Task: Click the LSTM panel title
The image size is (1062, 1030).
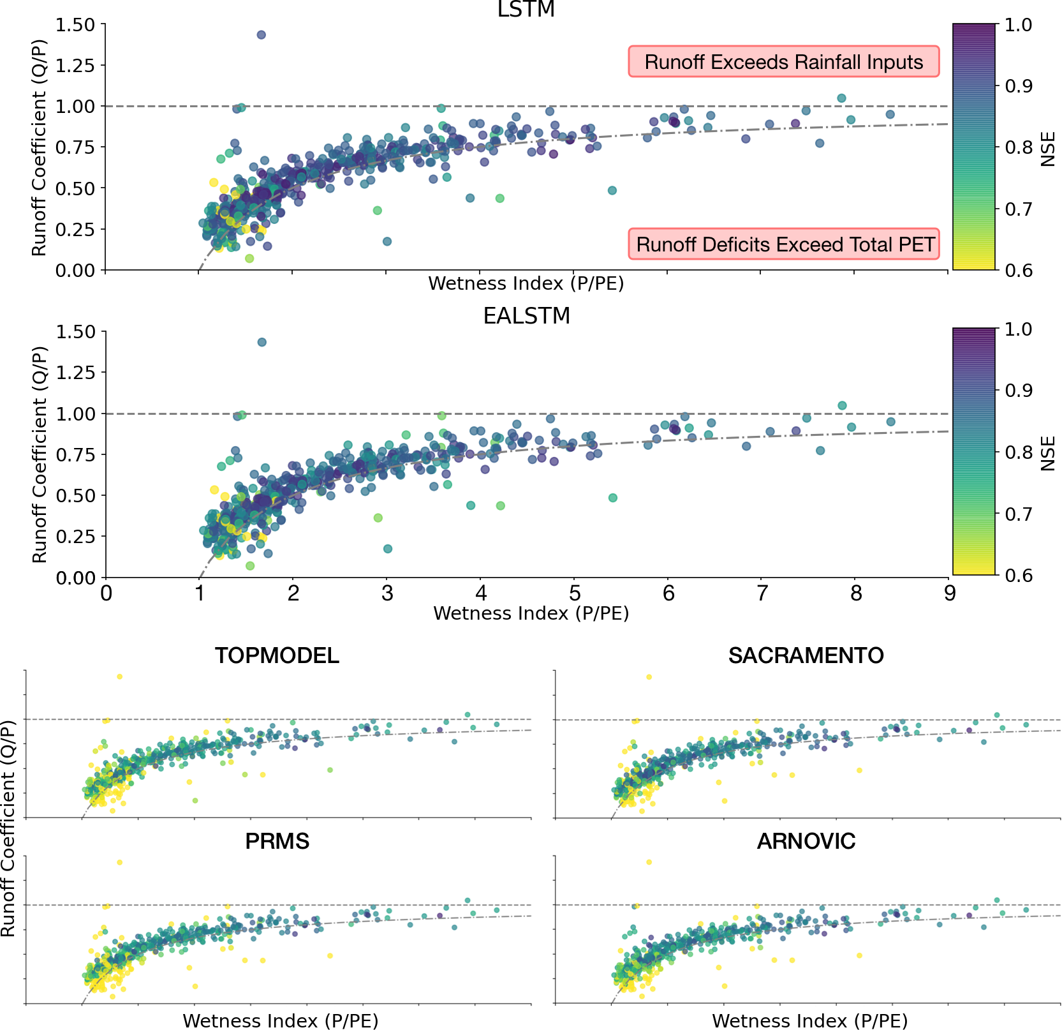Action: pyautogui.click(x=526, y=10)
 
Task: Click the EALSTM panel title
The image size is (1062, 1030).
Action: pyautogui.click(x=526, y=317)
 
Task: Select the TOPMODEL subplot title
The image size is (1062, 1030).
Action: pyautogui.click(x=277, y=655)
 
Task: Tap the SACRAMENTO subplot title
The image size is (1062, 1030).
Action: pyautogui.click(x=806, y=655)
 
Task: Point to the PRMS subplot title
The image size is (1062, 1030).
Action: pyautogui.click(x=277, y=841)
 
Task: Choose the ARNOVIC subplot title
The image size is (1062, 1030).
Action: pyautogui.click(x=806, y=841)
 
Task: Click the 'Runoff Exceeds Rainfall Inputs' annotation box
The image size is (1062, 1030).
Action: pyautogui.click(x=783, y=62)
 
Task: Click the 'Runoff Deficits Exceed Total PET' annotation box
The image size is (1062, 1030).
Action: pyautogui.click(x=785, y=244)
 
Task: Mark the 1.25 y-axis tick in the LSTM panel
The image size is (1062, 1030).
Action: pyautogui.click(x=76, y=66)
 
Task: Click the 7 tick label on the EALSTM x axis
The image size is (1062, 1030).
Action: pyautogui.click(x=762, y=594)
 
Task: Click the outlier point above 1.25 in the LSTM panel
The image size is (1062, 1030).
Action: pyautogui.click(x=261, y=35)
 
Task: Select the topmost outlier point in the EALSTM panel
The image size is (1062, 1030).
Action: pyautogui.click(x=262, y=343)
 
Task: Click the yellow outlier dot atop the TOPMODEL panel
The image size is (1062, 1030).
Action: pyautogui.click(x=119, y=676)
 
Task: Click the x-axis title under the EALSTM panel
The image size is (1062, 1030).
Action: pyautogui.click(x=531, y=613)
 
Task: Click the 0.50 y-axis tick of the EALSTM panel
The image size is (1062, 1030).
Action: pyautogui.click(x=76, y=496)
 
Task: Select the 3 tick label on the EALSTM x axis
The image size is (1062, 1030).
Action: pyautogui.click(x=387, y=594)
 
